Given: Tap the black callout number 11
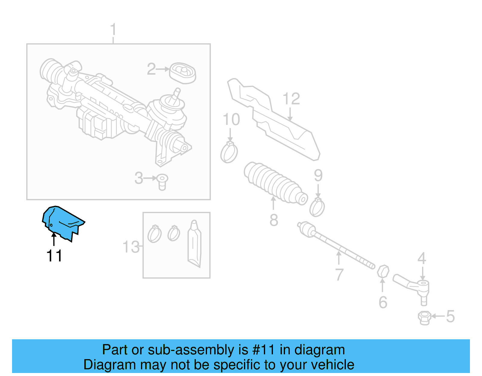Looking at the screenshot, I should point(54,256).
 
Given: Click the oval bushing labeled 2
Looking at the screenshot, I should point(183,73).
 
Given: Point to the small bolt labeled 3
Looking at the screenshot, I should point(162,182).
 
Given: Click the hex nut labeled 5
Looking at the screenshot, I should point(424,318).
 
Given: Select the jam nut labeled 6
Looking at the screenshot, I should point(383,272).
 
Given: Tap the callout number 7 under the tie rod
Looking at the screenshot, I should point(339,275).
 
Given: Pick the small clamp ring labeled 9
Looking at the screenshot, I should point(317,207).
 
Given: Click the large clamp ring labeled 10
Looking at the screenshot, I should point(229,152).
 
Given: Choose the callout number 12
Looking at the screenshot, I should point(291,99).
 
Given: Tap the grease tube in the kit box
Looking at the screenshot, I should point(194,244).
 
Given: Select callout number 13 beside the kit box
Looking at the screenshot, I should point(131,247).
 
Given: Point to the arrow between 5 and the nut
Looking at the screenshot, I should point(438,316).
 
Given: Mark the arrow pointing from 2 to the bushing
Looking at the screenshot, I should point(163,69).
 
